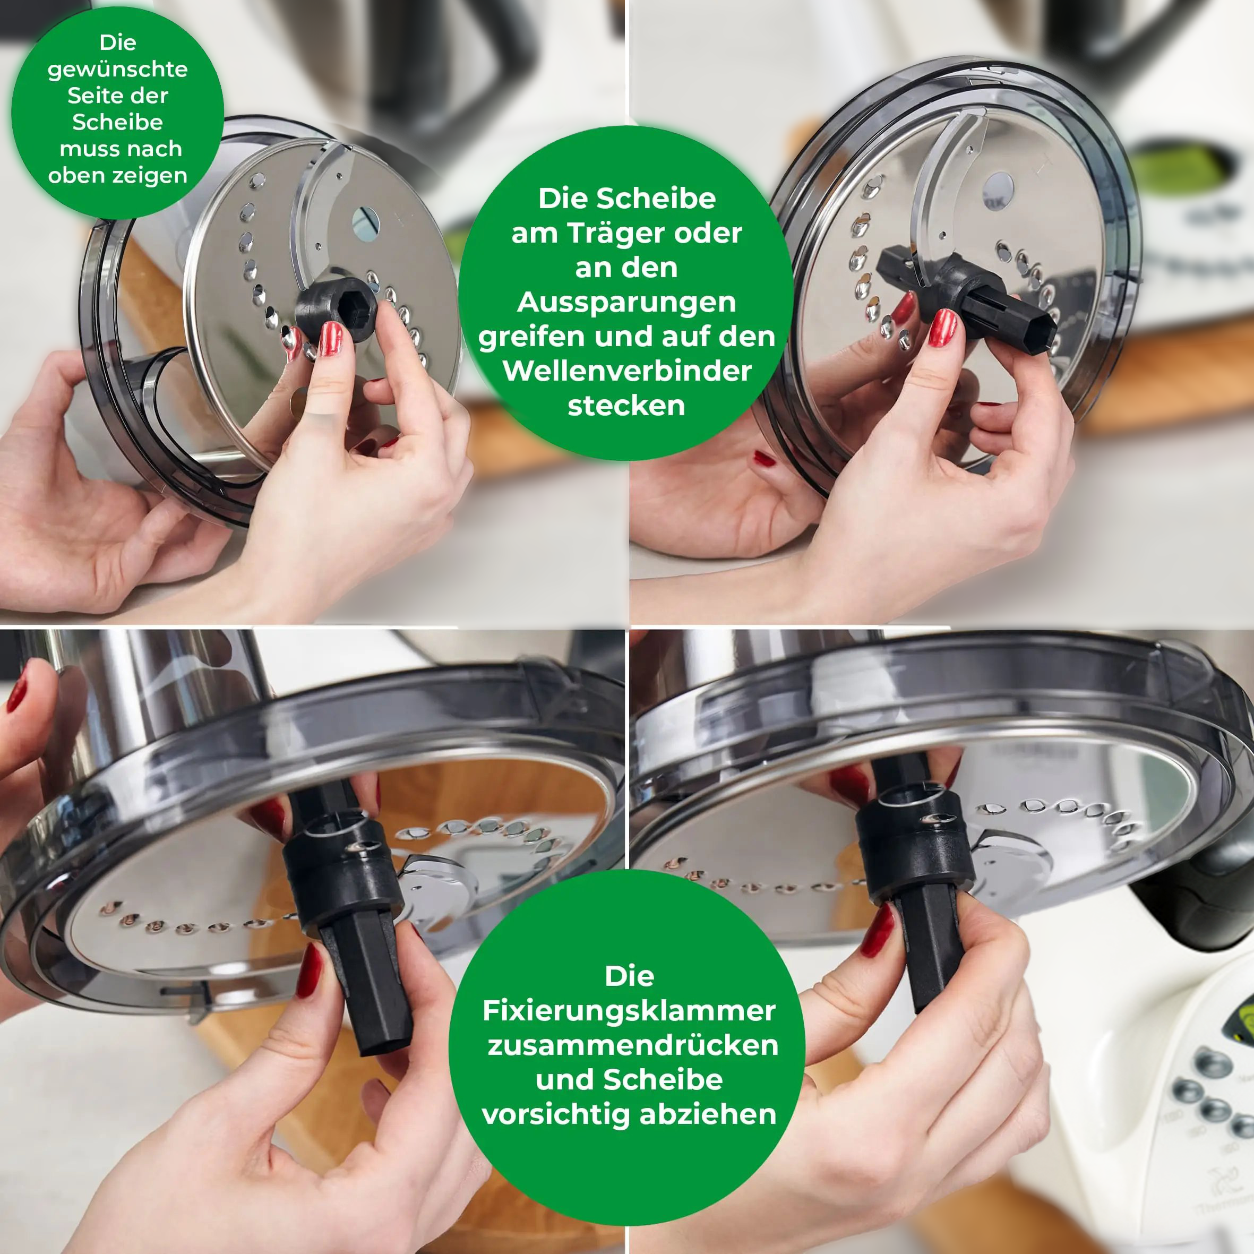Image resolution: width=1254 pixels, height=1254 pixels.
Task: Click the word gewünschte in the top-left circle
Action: coord(117,69)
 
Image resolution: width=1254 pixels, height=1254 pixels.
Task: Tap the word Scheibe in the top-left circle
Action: coord(117,122)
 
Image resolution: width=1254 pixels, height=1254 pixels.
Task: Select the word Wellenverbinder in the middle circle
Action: coord(627,371)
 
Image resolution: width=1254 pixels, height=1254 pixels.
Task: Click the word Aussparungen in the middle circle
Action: coord(627,302)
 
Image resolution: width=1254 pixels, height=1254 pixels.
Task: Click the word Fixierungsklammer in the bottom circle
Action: coord(628,1011)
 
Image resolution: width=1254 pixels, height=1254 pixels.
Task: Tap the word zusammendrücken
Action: coord(632,1045)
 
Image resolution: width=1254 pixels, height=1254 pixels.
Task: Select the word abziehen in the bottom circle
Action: coord(708,1114)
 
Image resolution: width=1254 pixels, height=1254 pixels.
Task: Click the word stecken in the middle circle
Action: coord(626,406)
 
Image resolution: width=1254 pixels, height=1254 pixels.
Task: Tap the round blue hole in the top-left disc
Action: coord(365,222)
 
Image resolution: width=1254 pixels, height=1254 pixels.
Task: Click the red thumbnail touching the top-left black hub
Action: coord(330,338)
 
